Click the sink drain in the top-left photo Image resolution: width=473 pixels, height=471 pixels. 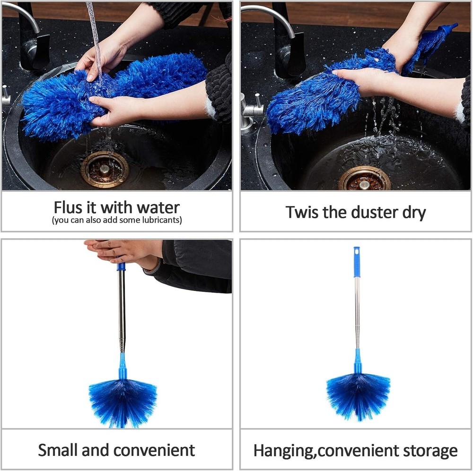click(104, 169)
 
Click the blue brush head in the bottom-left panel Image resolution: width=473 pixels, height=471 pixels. click(122, 399)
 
